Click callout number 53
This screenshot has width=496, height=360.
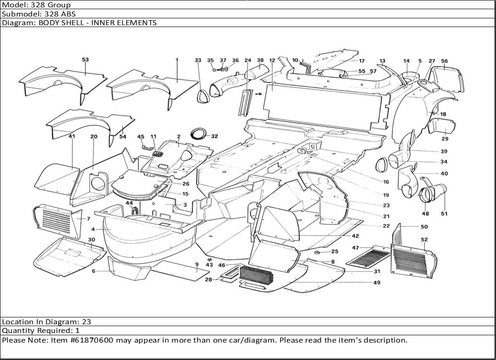85,60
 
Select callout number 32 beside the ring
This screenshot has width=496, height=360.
214,136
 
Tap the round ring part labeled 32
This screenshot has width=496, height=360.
199,133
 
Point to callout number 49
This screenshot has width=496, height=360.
376,283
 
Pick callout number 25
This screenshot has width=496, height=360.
335,251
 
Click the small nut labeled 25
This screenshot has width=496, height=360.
317,252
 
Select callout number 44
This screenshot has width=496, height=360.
129,203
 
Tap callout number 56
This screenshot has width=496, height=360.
444,61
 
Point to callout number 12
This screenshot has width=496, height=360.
272,60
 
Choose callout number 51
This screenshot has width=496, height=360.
444,213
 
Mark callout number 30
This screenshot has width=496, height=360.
92,240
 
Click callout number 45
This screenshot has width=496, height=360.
141,136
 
